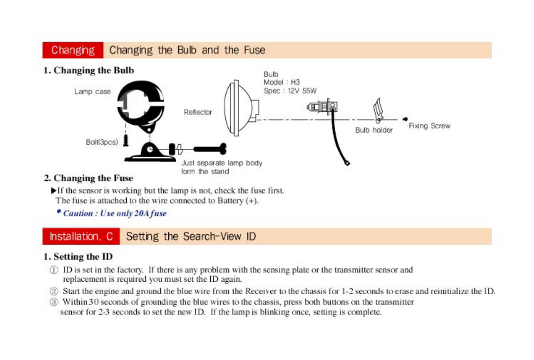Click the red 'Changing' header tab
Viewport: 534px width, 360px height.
(x=73, y=50)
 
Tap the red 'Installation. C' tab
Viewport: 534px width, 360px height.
(x=81, y=236)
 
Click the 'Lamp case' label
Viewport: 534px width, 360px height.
(x=93, y=92)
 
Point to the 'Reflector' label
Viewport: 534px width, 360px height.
(x=198, y=112)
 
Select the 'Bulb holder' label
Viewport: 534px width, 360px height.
(x=374, y=130)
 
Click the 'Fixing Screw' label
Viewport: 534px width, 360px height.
(x=430, y=126)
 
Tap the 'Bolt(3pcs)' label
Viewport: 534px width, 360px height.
(x=102, y=142)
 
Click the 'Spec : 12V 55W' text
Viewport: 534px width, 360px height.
(x=290, y=91)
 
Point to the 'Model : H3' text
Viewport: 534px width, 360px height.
(x=282, y=82)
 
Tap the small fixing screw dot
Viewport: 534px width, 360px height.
(x=405, y=119)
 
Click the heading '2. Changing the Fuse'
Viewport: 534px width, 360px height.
(x=89, y=178)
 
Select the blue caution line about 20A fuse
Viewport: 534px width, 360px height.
(x=111, y=213)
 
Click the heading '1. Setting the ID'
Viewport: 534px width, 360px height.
(x=78, y=257)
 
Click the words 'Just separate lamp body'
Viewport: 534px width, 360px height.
(x=222, y=163)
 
